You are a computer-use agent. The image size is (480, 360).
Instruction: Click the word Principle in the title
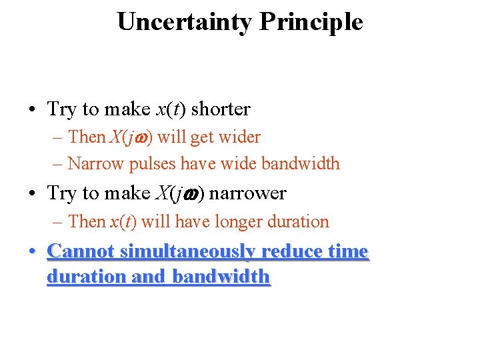tap(311, 22)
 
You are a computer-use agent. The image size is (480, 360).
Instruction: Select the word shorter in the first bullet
tap(221, 109)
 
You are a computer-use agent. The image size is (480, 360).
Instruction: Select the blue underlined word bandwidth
tap(221, 277)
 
